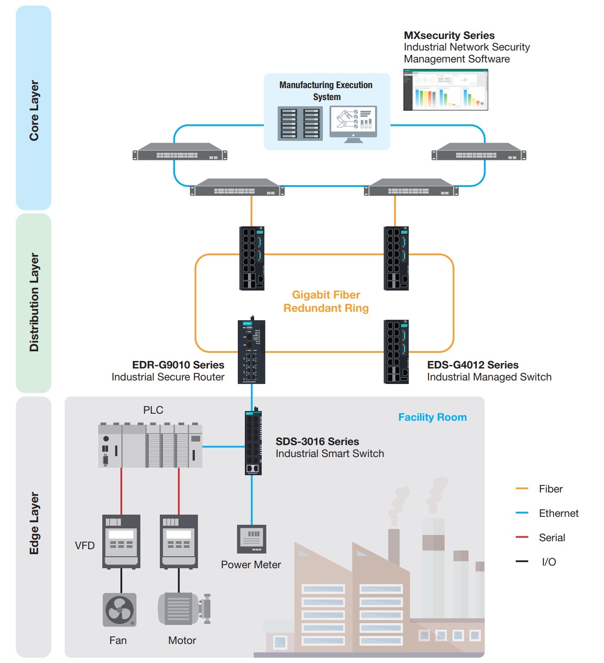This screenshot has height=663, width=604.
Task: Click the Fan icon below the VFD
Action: pyautogui.click(x=120, y=610)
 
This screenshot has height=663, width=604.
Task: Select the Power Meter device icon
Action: pyautogui.click(x=252, y=539)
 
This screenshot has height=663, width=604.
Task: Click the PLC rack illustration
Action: pyautogui.click(x=150, y=446)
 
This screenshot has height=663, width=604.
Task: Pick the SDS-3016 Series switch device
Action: pyautogui.click(x=253, y=443)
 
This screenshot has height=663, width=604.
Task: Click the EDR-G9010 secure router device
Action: pyautogui.click(x=252, y=352)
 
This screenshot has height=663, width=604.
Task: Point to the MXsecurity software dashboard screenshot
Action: pyautogui.click(x=445, y=89)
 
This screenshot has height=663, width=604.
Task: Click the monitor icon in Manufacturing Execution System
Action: pyautogui.click(x=353, y=124)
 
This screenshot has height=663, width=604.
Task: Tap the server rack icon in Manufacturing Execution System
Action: pyautogui.click(x=300, y=124)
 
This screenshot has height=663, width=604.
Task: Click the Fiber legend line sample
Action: pyautogui.click(x=522, y=489)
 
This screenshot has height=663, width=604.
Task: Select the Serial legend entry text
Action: pyautogui.click(x=552, y=538)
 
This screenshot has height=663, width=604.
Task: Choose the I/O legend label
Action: pyautogui.click(x=549, y=562)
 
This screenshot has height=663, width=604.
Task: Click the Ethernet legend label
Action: pyautogui.click(x=558, y=513)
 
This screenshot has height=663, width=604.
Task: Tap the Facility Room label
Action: pyautogui.click(x=432, y=417)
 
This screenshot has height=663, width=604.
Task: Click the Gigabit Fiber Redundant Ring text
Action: pyautogui.click(x=326, y=301)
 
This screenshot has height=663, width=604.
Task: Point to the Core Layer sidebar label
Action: pyautogui.click(x=34, y=110)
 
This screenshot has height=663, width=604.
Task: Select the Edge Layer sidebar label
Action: pyautogui.click(x=34, y=523)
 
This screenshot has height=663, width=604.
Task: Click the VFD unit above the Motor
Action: pyautogui.click(x=179, y=541)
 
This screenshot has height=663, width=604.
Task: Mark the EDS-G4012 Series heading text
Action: pyautogui.click(x=472, y=365)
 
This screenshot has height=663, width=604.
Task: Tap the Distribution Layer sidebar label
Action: pyautogui.click(x=34, y=302)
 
